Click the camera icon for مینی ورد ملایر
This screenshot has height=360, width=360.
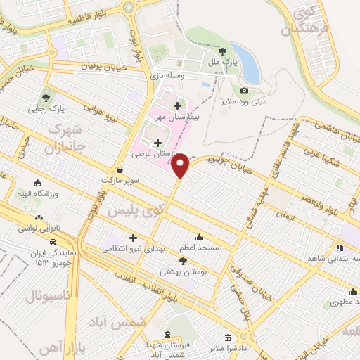pos(244,90)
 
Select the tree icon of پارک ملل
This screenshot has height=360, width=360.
pos(222,51)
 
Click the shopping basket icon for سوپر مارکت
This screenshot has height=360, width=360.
pos(120,169)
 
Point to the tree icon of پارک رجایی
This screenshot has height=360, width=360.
pos(46,98)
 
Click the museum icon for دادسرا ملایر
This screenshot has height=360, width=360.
pos(228,337)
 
